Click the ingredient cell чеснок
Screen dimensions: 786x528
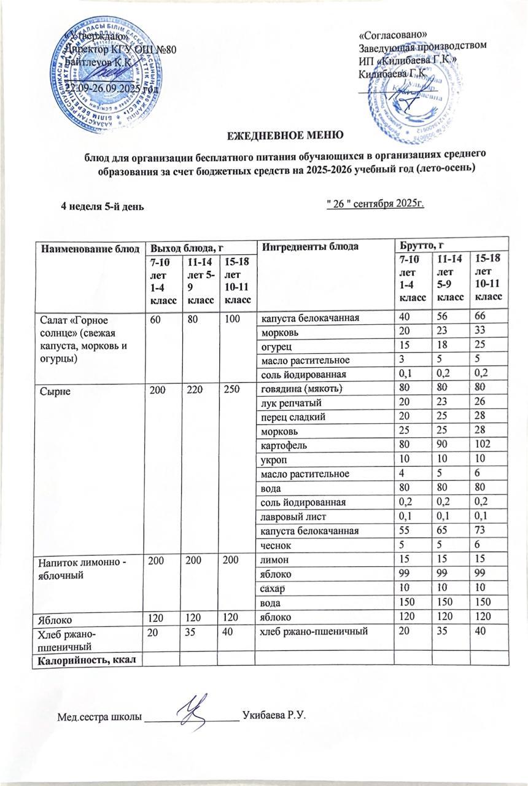click(276, 544)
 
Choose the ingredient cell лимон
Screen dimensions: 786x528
click(274, 559)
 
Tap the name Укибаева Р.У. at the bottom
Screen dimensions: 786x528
click(274, 716)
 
